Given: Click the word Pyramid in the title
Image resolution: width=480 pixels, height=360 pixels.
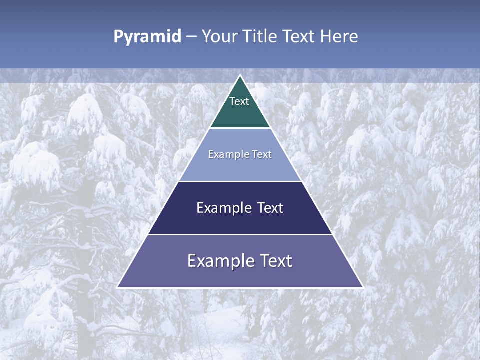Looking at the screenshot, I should point(147,37).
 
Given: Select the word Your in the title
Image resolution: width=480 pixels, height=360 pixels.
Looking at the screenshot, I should point(220,36).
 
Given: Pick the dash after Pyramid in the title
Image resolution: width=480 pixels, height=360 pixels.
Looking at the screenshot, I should point(191,37).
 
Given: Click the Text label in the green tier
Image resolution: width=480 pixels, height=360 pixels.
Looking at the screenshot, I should point(239,101).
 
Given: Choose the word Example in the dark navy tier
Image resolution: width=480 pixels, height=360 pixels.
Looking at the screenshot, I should point(223,208).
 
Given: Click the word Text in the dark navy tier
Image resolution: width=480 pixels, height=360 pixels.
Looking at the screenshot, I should point(270,208).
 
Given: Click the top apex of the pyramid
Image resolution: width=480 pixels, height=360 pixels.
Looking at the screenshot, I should point(240,76).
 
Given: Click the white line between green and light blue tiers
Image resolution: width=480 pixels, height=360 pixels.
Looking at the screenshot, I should point(240,128).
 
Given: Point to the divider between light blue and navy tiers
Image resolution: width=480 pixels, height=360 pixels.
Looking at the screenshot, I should point(240,181).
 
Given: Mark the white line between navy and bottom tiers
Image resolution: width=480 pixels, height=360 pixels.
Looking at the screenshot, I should point(240,234).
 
